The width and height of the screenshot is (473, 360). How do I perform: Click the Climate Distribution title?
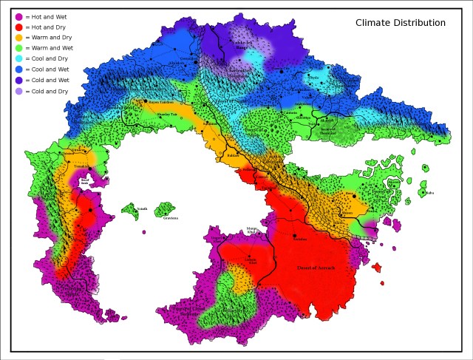[400, 23]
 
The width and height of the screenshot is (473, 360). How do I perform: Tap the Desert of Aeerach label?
[316, 268]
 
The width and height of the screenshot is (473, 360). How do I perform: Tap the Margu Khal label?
[251, 230]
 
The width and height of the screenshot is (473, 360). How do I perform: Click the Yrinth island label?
[141, 209]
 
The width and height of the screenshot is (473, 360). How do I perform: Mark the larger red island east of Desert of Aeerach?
[378, 267]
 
